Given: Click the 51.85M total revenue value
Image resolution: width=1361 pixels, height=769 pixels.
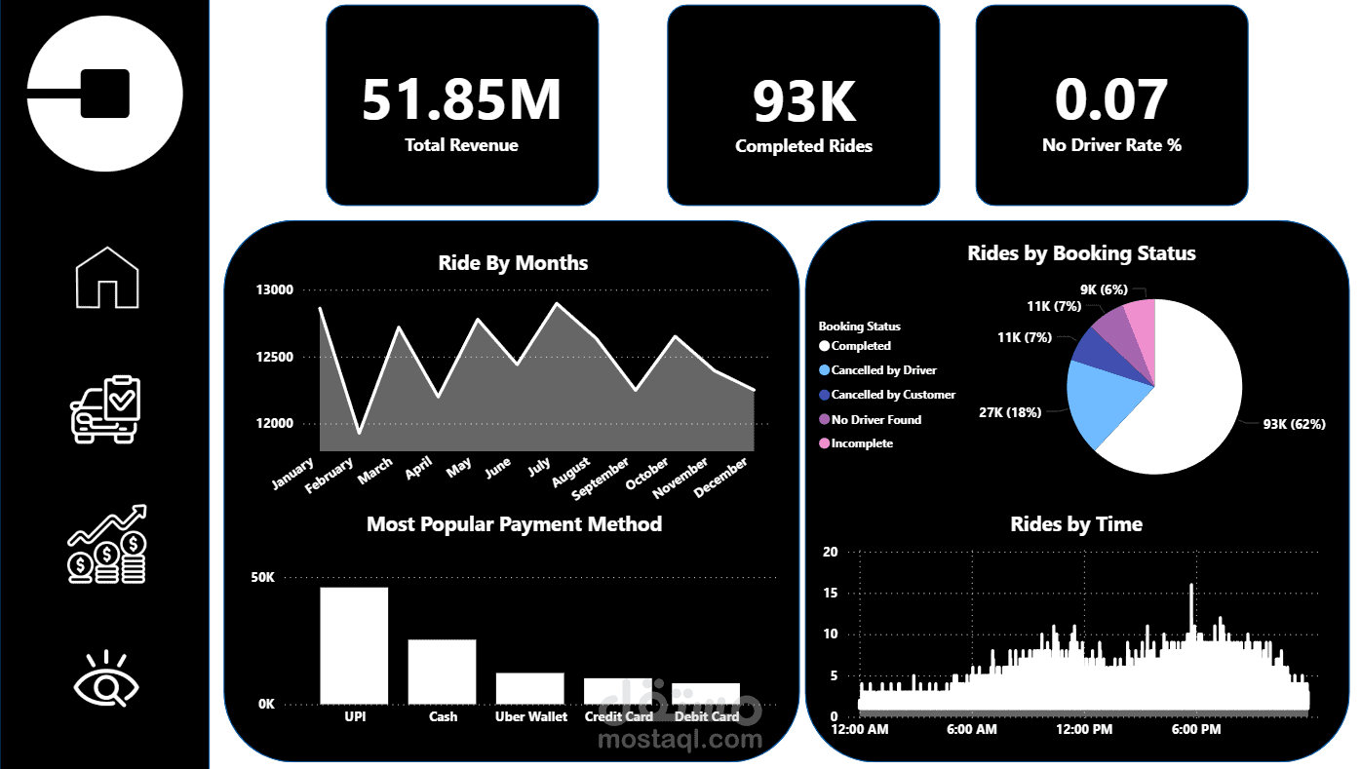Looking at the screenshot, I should point(461,100).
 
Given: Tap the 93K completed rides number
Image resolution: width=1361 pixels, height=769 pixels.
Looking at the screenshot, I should point(803,100).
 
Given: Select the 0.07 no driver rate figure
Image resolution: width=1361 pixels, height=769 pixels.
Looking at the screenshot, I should point(1111,100).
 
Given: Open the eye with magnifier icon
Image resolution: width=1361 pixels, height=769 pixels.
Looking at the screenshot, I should point(107,678).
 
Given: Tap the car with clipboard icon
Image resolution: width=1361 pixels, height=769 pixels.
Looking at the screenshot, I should point(106,410).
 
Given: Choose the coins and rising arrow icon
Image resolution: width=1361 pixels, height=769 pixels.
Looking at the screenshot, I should point(107,545).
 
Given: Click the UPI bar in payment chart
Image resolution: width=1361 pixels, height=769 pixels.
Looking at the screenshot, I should point(354,645).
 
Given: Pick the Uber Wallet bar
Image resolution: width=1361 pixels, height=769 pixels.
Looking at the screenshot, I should point(529,688).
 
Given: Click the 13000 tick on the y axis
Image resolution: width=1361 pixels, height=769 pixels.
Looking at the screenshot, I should point(274,290).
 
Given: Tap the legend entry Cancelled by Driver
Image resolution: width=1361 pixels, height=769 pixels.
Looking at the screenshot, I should point(883,370).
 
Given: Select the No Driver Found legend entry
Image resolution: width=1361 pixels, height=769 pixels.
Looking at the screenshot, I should point(875,419).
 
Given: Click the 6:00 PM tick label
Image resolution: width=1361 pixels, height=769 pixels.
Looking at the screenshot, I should point(1195,729).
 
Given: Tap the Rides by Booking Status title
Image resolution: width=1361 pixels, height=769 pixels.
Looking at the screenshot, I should point(1081,253).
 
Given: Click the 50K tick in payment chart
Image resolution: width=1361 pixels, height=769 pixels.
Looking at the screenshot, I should point(262,578).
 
